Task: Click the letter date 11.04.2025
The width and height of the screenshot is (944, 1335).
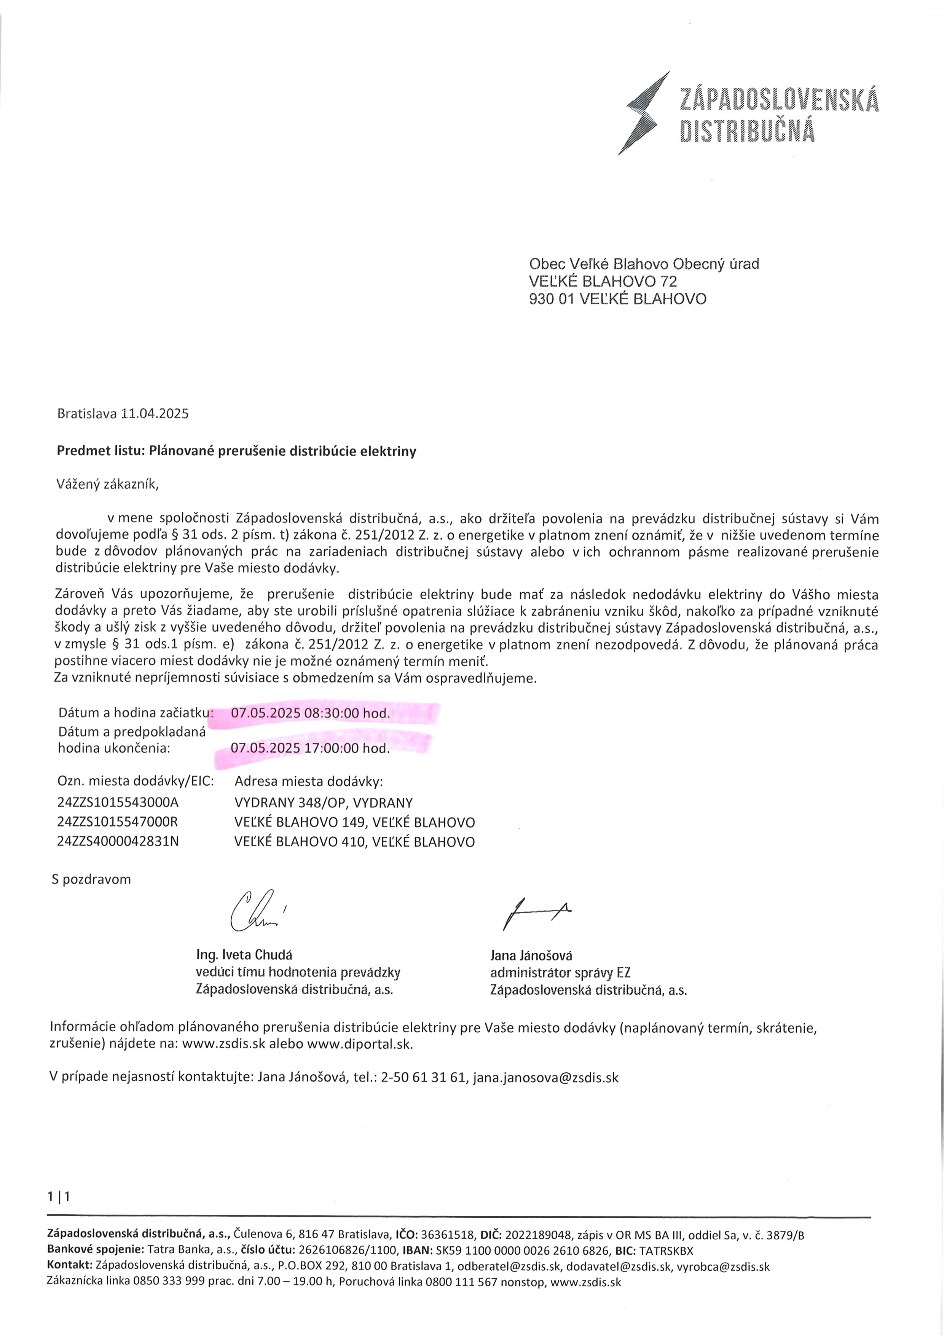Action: click(155, 414)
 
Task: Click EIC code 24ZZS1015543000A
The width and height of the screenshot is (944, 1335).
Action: click(118, 803)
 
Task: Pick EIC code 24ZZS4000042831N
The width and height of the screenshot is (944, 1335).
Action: click(118, 841)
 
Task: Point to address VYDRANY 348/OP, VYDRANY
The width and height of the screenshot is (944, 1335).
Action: click(323, 803)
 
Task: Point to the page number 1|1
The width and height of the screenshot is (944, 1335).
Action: click(59, 1196)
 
